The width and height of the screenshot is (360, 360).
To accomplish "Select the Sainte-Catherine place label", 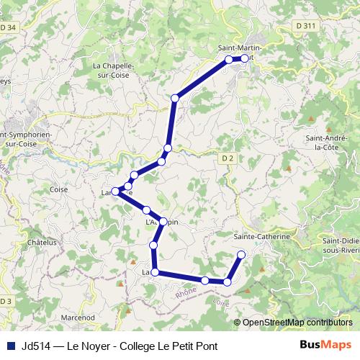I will (262, 235).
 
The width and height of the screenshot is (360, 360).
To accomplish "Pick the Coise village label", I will (59, 189).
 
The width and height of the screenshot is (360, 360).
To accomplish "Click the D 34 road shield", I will (9, 27).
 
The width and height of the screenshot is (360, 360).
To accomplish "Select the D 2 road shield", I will (228, 158).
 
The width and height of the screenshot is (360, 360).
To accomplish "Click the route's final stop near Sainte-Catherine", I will (241, 254).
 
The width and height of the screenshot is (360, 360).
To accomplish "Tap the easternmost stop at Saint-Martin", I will (245, 58).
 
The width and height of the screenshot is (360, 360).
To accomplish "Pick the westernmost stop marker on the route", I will (115, 191).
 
